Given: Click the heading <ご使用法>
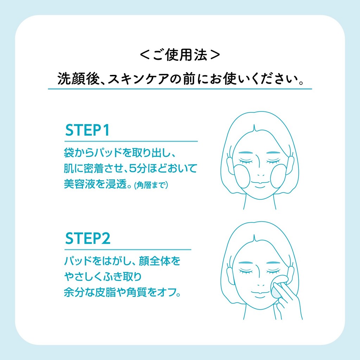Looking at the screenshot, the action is pyautogui.click(x=180, y=55).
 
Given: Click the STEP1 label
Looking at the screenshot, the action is pyautogui.click(x=88, y=130).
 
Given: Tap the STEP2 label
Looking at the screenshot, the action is pyautogui.click(x=88, y=238).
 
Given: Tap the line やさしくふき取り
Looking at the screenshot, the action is pyautogui.click(x=103, y=277).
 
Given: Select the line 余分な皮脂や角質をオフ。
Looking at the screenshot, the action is pyautogui.click(x=123, y=292).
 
